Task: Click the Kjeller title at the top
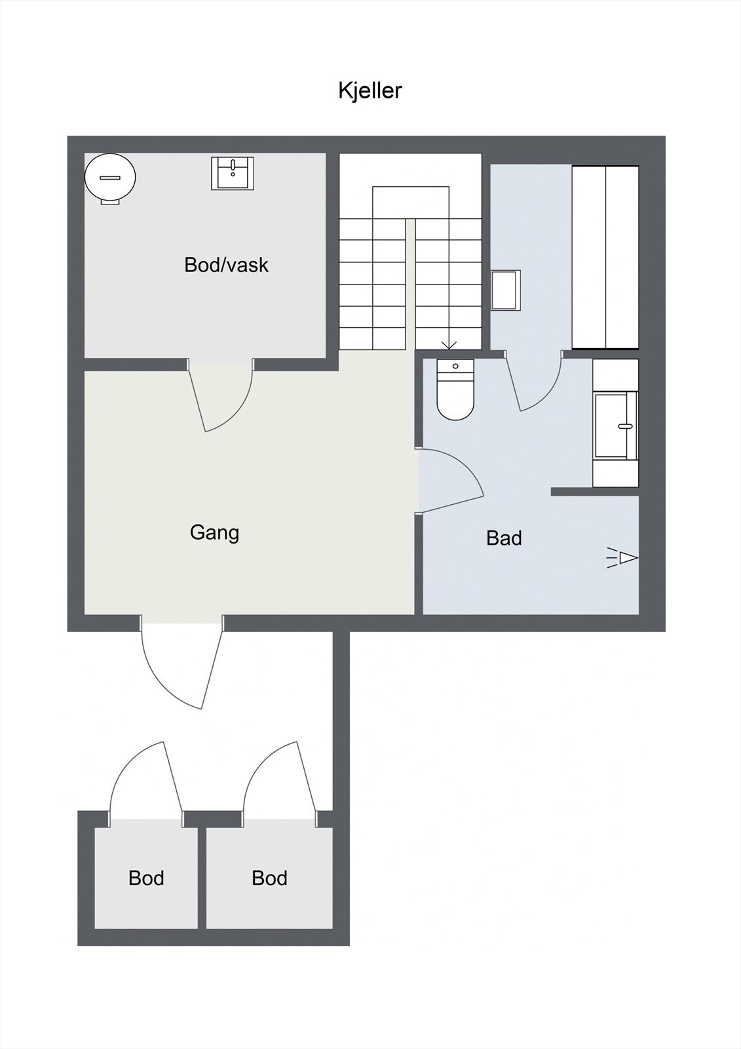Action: coord(370,90)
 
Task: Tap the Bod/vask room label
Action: coord(226,265)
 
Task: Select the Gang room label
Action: coord(214,532)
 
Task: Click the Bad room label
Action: coord(504,538)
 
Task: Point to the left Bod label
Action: coord(146,878)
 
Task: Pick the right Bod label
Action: coord(269,878)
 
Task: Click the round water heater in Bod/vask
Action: coord(110,178)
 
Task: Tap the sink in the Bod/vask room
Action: coord(232,173)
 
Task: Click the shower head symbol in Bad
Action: coord(624,558)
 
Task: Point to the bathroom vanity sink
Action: coord(616,426)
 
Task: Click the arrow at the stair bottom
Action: coord(449,344)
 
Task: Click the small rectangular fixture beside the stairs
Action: coord(505,290)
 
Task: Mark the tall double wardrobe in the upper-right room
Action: coord(605,257)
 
